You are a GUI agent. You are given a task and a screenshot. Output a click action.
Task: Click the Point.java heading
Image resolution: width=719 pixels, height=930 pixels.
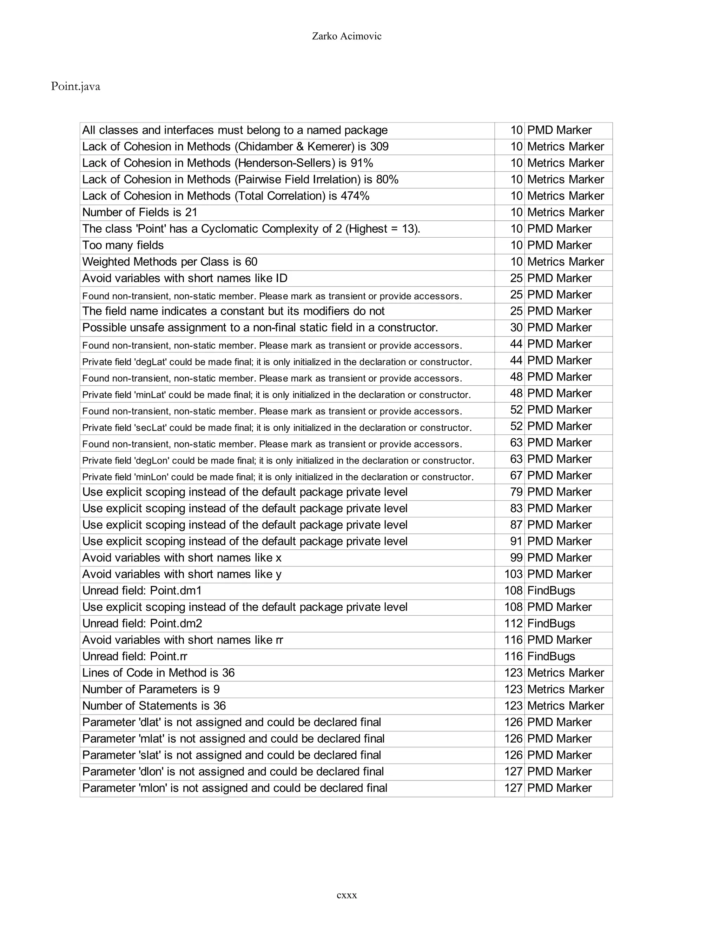click(x=75, y=86)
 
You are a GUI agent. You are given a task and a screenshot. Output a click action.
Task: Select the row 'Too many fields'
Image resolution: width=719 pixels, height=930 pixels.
click(x=123, y=245)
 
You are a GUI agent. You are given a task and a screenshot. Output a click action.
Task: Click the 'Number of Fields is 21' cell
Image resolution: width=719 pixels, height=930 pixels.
click(x=140, y=212)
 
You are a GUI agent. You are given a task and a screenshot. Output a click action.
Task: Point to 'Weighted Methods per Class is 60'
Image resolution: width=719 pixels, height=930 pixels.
click(x=170, y=262)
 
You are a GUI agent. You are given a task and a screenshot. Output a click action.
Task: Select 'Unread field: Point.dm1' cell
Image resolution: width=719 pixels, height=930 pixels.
click(x=142, y=591)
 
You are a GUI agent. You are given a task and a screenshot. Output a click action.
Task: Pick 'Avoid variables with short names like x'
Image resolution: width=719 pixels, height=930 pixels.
click(x=182, y=558)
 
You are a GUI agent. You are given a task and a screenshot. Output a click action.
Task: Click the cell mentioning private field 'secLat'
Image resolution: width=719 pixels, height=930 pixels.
click(x=277, y=427)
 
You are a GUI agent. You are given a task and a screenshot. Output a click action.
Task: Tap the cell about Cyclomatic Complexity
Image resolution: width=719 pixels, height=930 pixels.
click(x=251, y=229)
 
